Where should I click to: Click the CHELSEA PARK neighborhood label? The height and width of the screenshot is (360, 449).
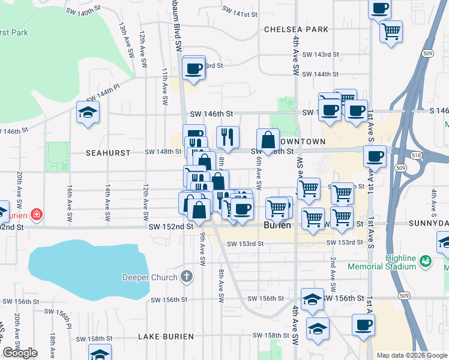point(297,29)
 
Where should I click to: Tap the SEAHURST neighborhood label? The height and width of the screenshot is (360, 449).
point(108,153)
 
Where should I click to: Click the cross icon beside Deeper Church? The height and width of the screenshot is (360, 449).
point(187,277)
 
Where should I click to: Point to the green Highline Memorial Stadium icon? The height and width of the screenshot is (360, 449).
point(426,261)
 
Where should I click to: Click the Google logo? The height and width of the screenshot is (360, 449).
point(20,353)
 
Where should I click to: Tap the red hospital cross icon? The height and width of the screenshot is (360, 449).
point(36,214)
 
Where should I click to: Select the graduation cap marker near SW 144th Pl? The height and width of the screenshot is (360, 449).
point(88,112)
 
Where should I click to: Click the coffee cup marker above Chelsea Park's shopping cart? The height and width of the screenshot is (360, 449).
point(380,8)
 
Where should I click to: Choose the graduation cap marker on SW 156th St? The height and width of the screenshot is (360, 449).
point(312,299)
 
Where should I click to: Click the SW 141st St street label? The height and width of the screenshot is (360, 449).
point(240,11)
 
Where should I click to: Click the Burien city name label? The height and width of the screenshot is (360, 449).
point(277,226)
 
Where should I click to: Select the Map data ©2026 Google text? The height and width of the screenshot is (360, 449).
point(412,355)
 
